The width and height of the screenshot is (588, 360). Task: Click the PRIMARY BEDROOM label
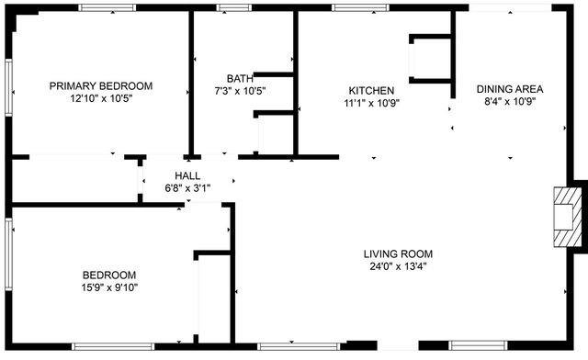101,85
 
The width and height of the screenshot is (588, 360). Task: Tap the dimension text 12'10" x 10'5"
101,98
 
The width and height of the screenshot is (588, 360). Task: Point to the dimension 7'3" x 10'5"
240,91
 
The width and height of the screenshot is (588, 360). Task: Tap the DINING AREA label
510,89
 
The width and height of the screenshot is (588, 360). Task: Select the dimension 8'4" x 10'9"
510,102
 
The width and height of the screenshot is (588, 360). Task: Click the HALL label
187,175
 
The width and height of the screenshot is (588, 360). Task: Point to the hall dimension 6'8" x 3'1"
187,188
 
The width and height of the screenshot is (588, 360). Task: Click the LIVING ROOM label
398,254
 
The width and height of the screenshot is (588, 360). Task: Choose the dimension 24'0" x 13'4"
398,267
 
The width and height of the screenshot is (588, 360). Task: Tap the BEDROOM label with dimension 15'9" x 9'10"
109,275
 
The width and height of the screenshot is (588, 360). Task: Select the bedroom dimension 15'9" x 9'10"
109,287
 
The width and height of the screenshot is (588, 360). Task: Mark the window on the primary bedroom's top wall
108,7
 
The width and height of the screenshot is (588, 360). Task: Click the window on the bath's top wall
234,7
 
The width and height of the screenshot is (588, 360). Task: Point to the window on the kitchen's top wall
358,7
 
